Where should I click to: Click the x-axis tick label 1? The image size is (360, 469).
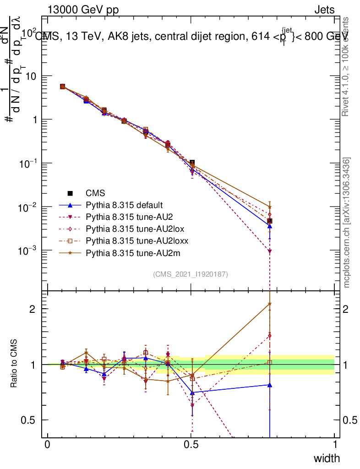pos(335,445)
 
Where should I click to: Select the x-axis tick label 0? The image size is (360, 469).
pos(48,445)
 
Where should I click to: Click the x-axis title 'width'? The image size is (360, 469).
pos(327,458)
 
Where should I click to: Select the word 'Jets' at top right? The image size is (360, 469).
pos(324,10)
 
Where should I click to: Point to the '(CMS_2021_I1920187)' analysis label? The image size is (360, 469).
pos(191,274)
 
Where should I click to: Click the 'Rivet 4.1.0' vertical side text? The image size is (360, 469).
pos(346,67)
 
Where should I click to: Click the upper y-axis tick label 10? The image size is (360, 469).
pos(32,76)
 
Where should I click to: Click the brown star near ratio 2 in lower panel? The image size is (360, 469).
pos(270,304)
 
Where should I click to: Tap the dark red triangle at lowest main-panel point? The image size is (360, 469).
pos(270,251)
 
